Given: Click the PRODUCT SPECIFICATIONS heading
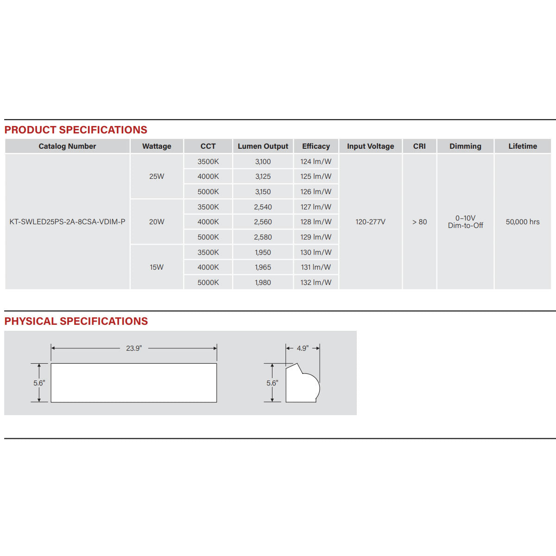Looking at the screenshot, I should [76, 130].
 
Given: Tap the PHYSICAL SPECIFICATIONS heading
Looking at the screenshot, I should [76, 321].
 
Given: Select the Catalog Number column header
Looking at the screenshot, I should [67, 146].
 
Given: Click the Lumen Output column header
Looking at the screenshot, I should [263, 146].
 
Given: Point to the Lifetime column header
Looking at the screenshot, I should [523, 146].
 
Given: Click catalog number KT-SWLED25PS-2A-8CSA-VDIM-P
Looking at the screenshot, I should [67, 222].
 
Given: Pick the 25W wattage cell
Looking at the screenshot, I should [157, 177].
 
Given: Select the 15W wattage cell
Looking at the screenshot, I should [157, 267].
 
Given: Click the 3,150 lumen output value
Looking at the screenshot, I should [263, 192].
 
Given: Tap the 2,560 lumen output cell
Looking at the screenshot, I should [263, 222].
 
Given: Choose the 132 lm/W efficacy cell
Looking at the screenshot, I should [316, 283].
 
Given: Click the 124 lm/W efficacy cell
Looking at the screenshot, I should [316, 162].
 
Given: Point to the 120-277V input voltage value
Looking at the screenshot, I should [370, 222].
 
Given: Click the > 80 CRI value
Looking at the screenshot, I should [419, 222].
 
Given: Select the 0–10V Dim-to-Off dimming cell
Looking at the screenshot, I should [465, 222].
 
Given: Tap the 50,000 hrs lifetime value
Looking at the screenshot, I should [523, 222].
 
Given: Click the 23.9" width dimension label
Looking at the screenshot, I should [134, 348].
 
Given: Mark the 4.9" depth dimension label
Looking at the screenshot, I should [303, 348].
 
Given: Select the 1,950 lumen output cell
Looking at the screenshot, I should [263, 253].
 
